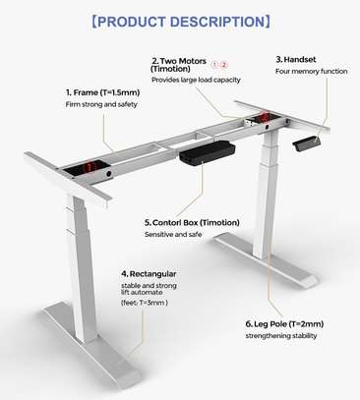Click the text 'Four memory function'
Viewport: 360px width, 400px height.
click(311, 72)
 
